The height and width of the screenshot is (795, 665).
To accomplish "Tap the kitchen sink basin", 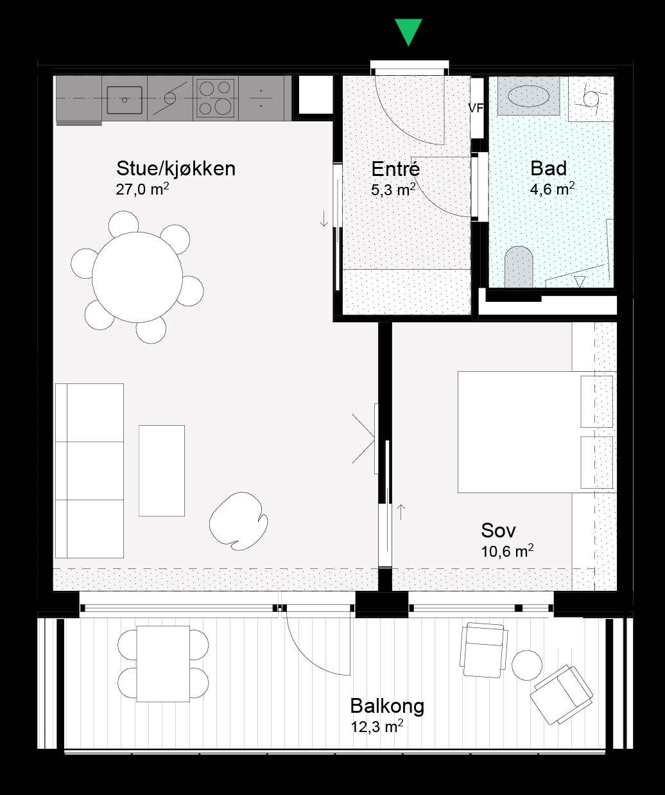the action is click(125, 100).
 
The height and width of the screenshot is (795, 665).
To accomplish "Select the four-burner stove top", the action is click(216, 99).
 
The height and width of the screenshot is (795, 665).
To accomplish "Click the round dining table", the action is click(137, 277).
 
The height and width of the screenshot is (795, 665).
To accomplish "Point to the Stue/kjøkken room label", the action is click(176, 169).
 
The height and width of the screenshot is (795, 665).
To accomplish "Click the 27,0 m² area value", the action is click(142, 189).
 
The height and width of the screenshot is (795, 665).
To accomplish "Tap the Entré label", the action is click(395, 169).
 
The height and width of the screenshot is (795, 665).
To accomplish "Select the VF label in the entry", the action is click(476, 109).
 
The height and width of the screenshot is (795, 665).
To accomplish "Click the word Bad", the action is click(548, 168).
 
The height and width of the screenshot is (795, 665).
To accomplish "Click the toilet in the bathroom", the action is click(519, 266).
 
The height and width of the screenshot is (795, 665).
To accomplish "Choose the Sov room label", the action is click(498, 530).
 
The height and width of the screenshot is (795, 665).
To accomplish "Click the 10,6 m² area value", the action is click(507, 551).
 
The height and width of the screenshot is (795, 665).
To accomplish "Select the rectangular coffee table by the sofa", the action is click(162, 471).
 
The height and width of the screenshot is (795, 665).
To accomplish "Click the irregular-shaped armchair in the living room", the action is click(239, 521).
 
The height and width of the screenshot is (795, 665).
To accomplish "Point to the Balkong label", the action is click(387, 706).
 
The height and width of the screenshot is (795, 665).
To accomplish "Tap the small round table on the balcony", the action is click(526, 665).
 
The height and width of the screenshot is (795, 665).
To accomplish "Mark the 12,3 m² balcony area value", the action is click(377, 726).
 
